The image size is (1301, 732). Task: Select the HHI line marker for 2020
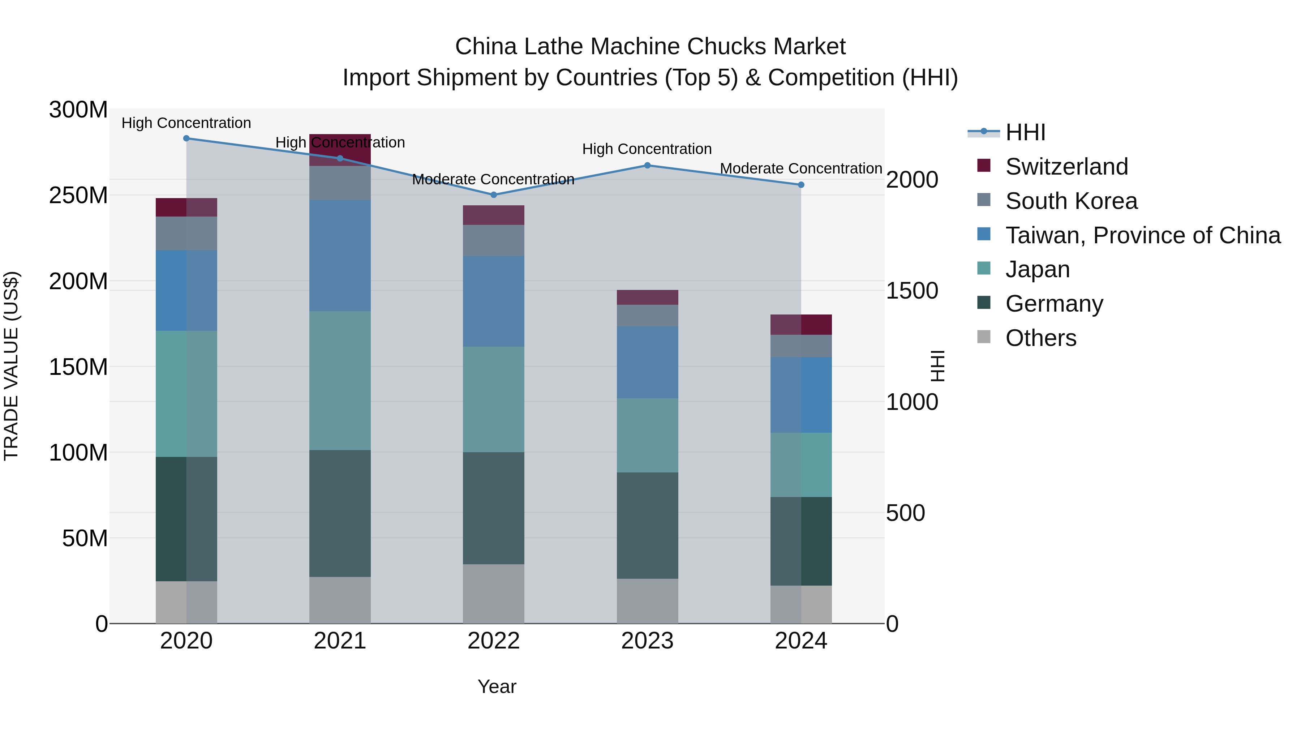[x=186, y=138]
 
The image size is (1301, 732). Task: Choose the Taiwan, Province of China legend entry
[x=1142, y=235]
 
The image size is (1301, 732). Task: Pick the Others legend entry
[x=1040, y=338]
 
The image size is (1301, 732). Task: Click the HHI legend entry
[x=1025, y=132]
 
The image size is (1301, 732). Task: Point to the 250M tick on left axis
[x=78, y=195]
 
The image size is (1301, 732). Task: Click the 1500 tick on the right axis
[x=912, y=291]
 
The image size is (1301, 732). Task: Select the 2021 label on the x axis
[x=340, y=641]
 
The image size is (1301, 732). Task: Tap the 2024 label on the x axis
[x=800, y=641]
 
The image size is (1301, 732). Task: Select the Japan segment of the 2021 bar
[x=340, y=380]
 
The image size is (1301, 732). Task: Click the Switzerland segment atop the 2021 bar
[x=340, y=150]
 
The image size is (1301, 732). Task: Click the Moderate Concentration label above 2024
[x=800, y=168]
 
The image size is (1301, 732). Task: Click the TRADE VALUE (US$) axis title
[x=11, y=366]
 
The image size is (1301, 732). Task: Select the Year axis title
[x=497, y=686]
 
